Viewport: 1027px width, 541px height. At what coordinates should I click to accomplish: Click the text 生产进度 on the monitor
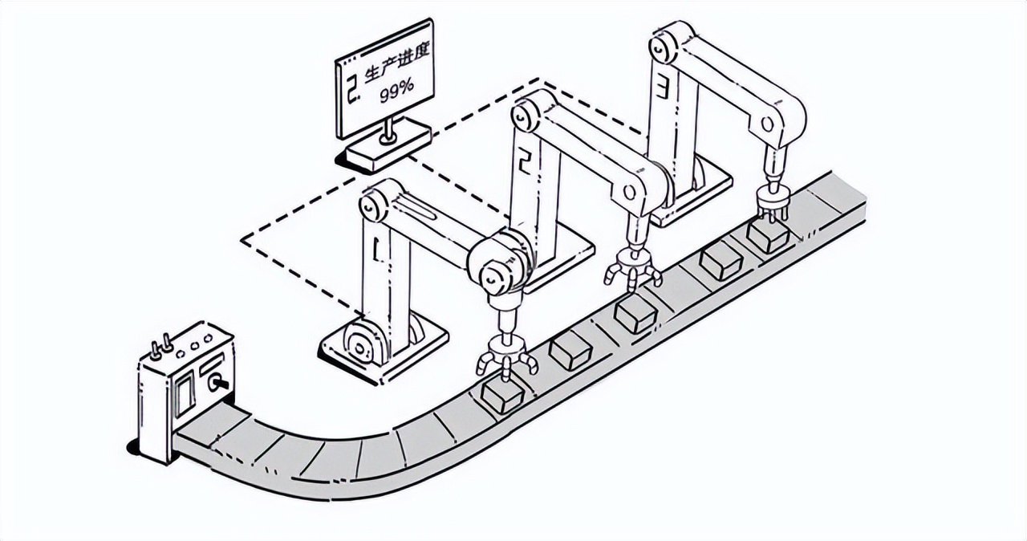coord(397,62)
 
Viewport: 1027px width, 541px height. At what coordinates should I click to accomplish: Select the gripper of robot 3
coord(773,201)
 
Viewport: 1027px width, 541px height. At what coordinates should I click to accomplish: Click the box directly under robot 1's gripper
coord(502,396)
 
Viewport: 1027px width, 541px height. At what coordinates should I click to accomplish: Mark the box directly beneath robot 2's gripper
coord(636,315)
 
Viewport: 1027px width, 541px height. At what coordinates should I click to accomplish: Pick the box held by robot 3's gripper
coord(768,234)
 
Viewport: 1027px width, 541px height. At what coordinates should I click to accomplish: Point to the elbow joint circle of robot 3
coord(768,123)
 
